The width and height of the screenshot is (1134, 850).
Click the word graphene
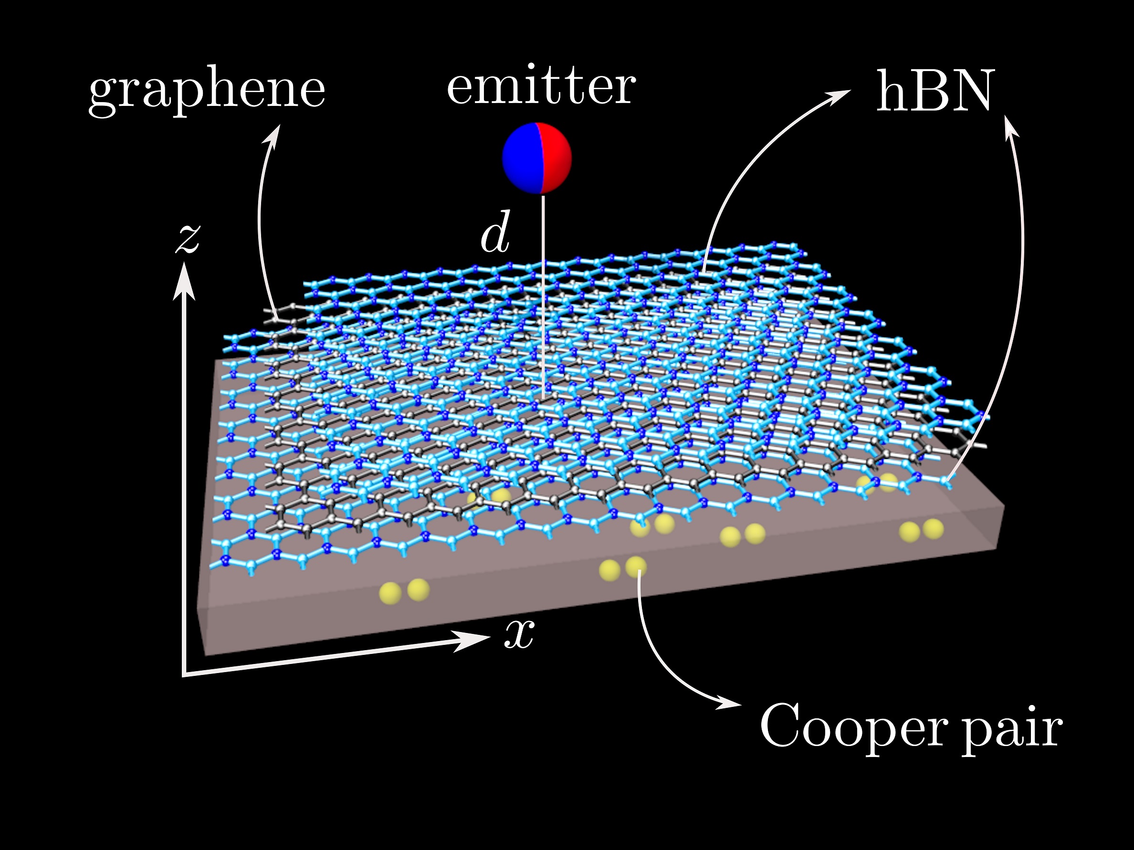207,91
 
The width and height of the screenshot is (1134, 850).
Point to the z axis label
188,239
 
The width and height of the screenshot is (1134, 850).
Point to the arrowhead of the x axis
472,640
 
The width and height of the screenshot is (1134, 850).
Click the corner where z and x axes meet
184,675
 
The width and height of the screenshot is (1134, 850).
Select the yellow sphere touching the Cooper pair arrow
636,567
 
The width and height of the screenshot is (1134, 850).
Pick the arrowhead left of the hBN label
836,96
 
